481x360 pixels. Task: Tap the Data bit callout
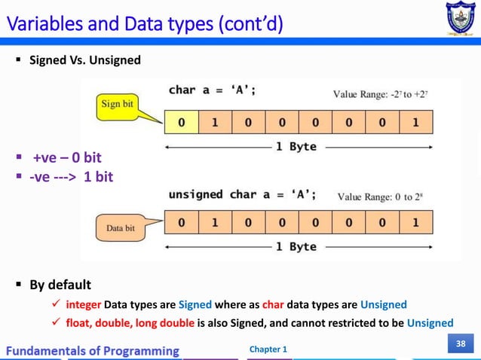pos(121,227)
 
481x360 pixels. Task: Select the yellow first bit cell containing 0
pos(181,122)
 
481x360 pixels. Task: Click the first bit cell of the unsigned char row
pos(181,223)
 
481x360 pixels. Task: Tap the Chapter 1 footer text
pos(267,350)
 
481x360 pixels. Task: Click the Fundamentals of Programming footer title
pos(94,350)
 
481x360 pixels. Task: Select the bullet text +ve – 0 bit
pos(66,158)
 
